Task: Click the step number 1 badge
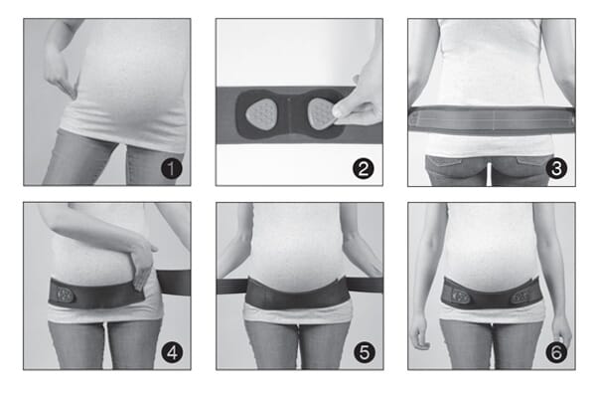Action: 172,169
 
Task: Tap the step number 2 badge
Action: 364,169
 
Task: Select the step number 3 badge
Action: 556,169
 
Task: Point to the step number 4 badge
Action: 172,352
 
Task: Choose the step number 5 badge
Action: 365,352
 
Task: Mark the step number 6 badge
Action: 556,352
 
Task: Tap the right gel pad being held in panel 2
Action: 322,113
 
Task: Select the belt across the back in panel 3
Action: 492,120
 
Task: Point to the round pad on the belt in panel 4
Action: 64,295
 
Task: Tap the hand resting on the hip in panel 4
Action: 142,263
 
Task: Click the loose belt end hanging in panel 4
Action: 174,282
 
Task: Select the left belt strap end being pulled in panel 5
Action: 231,287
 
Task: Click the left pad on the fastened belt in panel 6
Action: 460,298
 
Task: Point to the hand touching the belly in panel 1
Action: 61,77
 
